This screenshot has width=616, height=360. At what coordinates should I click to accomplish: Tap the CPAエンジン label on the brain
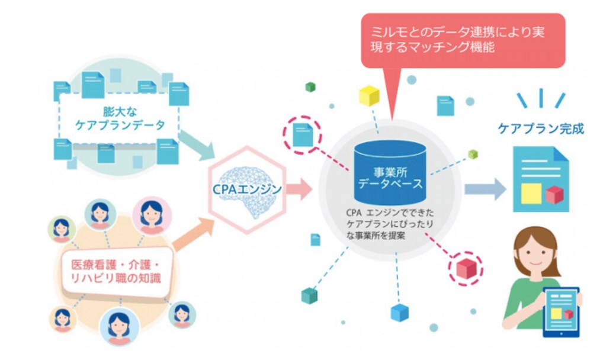coord(247,189)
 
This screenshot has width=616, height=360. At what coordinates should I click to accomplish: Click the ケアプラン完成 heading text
coord(541,128)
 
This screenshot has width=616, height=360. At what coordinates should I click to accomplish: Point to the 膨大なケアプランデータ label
coord(120,118)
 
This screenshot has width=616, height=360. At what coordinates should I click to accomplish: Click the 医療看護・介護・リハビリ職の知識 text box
coord(117,271)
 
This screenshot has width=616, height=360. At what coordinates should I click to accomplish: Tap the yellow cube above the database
coord(369,95)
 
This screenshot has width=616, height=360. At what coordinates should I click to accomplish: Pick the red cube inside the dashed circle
coord(466,269)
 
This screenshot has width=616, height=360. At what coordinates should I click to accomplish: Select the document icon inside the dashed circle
coord(303,134)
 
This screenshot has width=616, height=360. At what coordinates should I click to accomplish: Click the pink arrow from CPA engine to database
coord(299,189)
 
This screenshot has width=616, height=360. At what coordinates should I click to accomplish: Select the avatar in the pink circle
coord(152,216)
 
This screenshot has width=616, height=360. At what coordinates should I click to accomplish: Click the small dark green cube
coord(310,87)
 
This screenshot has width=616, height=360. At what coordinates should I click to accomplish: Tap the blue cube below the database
coord(400,313)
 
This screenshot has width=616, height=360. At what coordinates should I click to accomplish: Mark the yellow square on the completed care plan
coord(531,193)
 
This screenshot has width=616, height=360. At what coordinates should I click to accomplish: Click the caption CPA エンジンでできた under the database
coord(390,213)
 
